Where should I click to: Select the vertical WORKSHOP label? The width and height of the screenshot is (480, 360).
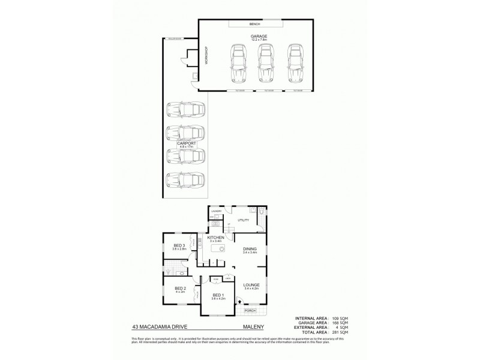[x=205, y=55]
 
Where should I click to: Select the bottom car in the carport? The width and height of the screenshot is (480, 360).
[x=185, y=179]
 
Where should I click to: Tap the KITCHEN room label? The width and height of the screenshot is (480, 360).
[x=216, y=238]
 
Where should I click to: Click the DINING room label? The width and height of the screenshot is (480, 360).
[x=250, y=249]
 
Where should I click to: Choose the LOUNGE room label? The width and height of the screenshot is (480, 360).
[x=250, y=285]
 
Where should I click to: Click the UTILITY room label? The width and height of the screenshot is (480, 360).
[x=244, y=220]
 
